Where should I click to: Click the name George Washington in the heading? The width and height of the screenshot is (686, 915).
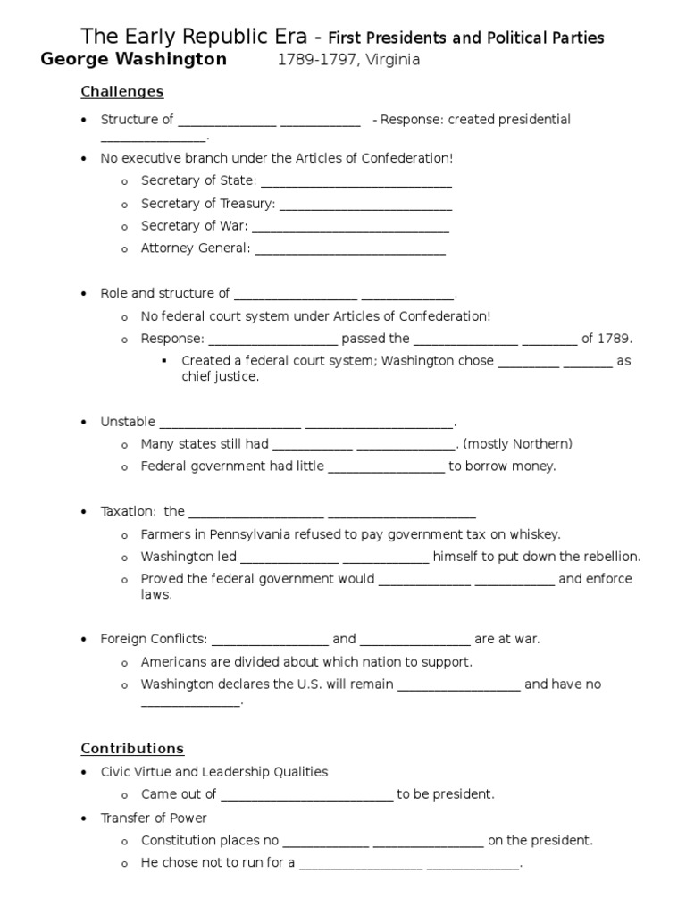click(x=134, y=60)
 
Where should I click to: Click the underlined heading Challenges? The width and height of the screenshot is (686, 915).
click(x=122, y=91)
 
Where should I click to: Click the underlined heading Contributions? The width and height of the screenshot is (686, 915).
click(x=132, y=749)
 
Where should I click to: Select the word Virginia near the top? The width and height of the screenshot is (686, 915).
click(x=390, y=61)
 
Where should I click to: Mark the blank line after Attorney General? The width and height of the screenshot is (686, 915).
click(x=350, y=249)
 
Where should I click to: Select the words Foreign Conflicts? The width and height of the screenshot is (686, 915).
click(x=154, y=639)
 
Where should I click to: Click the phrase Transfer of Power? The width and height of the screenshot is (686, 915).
click(x=154, y=818)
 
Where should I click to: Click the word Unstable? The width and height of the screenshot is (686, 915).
click(x=128, y=422)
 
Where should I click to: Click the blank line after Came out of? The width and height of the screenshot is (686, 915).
click(x=306, y=795)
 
